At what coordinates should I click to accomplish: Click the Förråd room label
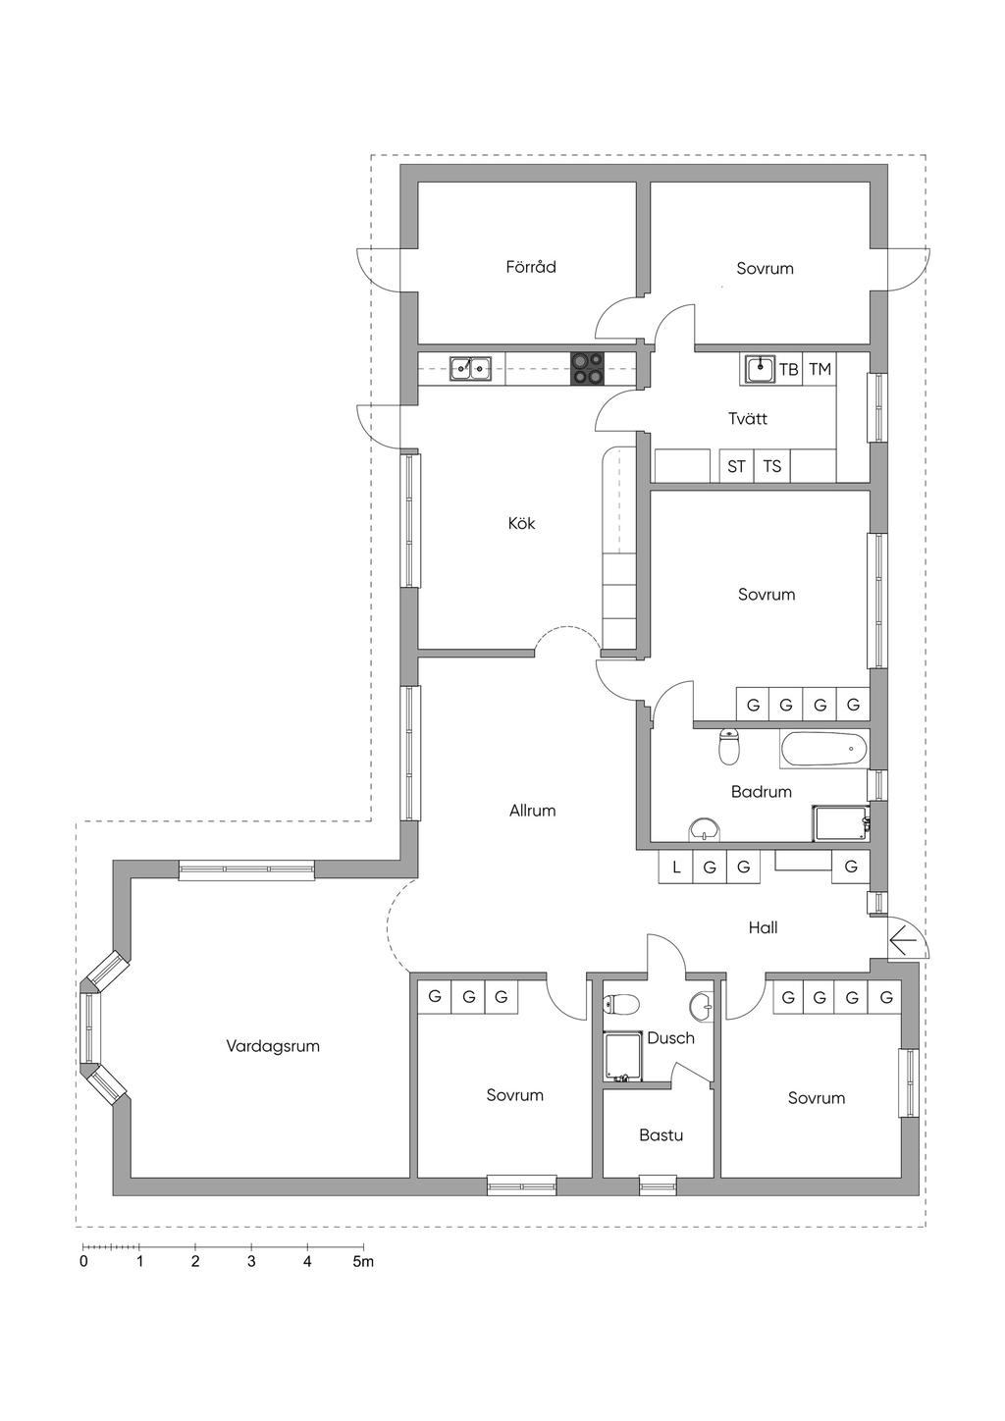530,267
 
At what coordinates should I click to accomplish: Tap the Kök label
521,523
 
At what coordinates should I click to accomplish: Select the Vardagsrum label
273,1046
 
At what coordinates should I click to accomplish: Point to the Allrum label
532,810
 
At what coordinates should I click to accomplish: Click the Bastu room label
661,1134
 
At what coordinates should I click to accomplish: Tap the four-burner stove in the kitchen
588,369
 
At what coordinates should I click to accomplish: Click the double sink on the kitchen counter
470,369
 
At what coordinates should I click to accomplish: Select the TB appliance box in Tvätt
789,369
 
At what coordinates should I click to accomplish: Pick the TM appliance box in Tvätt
820,369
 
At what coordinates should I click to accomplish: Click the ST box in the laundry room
736,467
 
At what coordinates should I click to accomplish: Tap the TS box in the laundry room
771,467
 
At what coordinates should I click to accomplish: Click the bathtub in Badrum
823,751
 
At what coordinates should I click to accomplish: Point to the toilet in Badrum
729,747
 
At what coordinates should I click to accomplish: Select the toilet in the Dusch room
620,1004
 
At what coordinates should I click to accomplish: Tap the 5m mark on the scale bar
363,1261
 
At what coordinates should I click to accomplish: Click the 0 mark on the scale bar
83,1261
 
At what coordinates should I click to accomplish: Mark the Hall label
763,927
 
